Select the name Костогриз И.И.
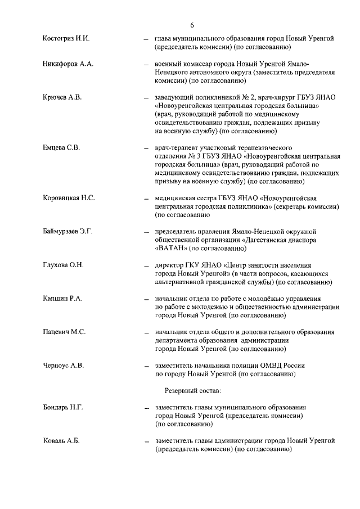66,38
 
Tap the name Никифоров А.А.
68,64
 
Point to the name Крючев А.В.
62,97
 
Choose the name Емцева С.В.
61,148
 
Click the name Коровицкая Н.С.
69,198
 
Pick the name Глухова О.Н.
63,265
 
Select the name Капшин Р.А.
62,298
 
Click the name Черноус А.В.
63,365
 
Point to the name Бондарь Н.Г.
62,407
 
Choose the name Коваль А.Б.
61,440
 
